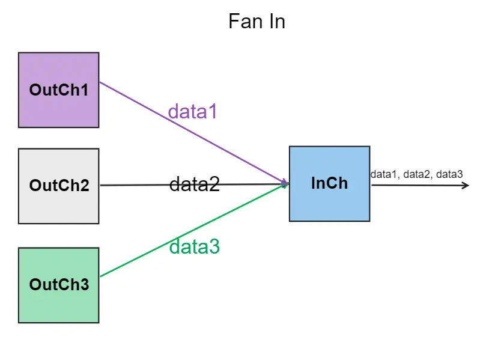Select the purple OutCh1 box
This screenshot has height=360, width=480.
click(x=58, y=90)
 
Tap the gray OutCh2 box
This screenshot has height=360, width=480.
click(x=58, y=186)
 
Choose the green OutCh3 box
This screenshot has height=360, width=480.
click(x=58, y=285)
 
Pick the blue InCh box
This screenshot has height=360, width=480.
click(x=329, y=183)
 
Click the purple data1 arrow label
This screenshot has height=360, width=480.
click(x=192, y=111)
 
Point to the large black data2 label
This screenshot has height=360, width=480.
click(x=194, y=184)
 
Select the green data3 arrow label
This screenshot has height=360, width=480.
click(x=194, y=246)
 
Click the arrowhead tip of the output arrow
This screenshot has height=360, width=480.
click(x=467, y=185)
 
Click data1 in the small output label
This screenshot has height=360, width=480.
click(x=385, y=174)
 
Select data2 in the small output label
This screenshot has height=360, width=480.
click(x=418, y=174)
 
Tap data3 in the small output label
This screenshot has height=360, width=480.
click(x=449, y=174)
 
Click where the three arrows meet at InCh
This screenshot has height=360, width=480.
click(x=287, y=184)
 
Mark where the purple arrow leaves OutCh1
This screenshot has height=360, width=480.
click(x=100, y=82)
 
